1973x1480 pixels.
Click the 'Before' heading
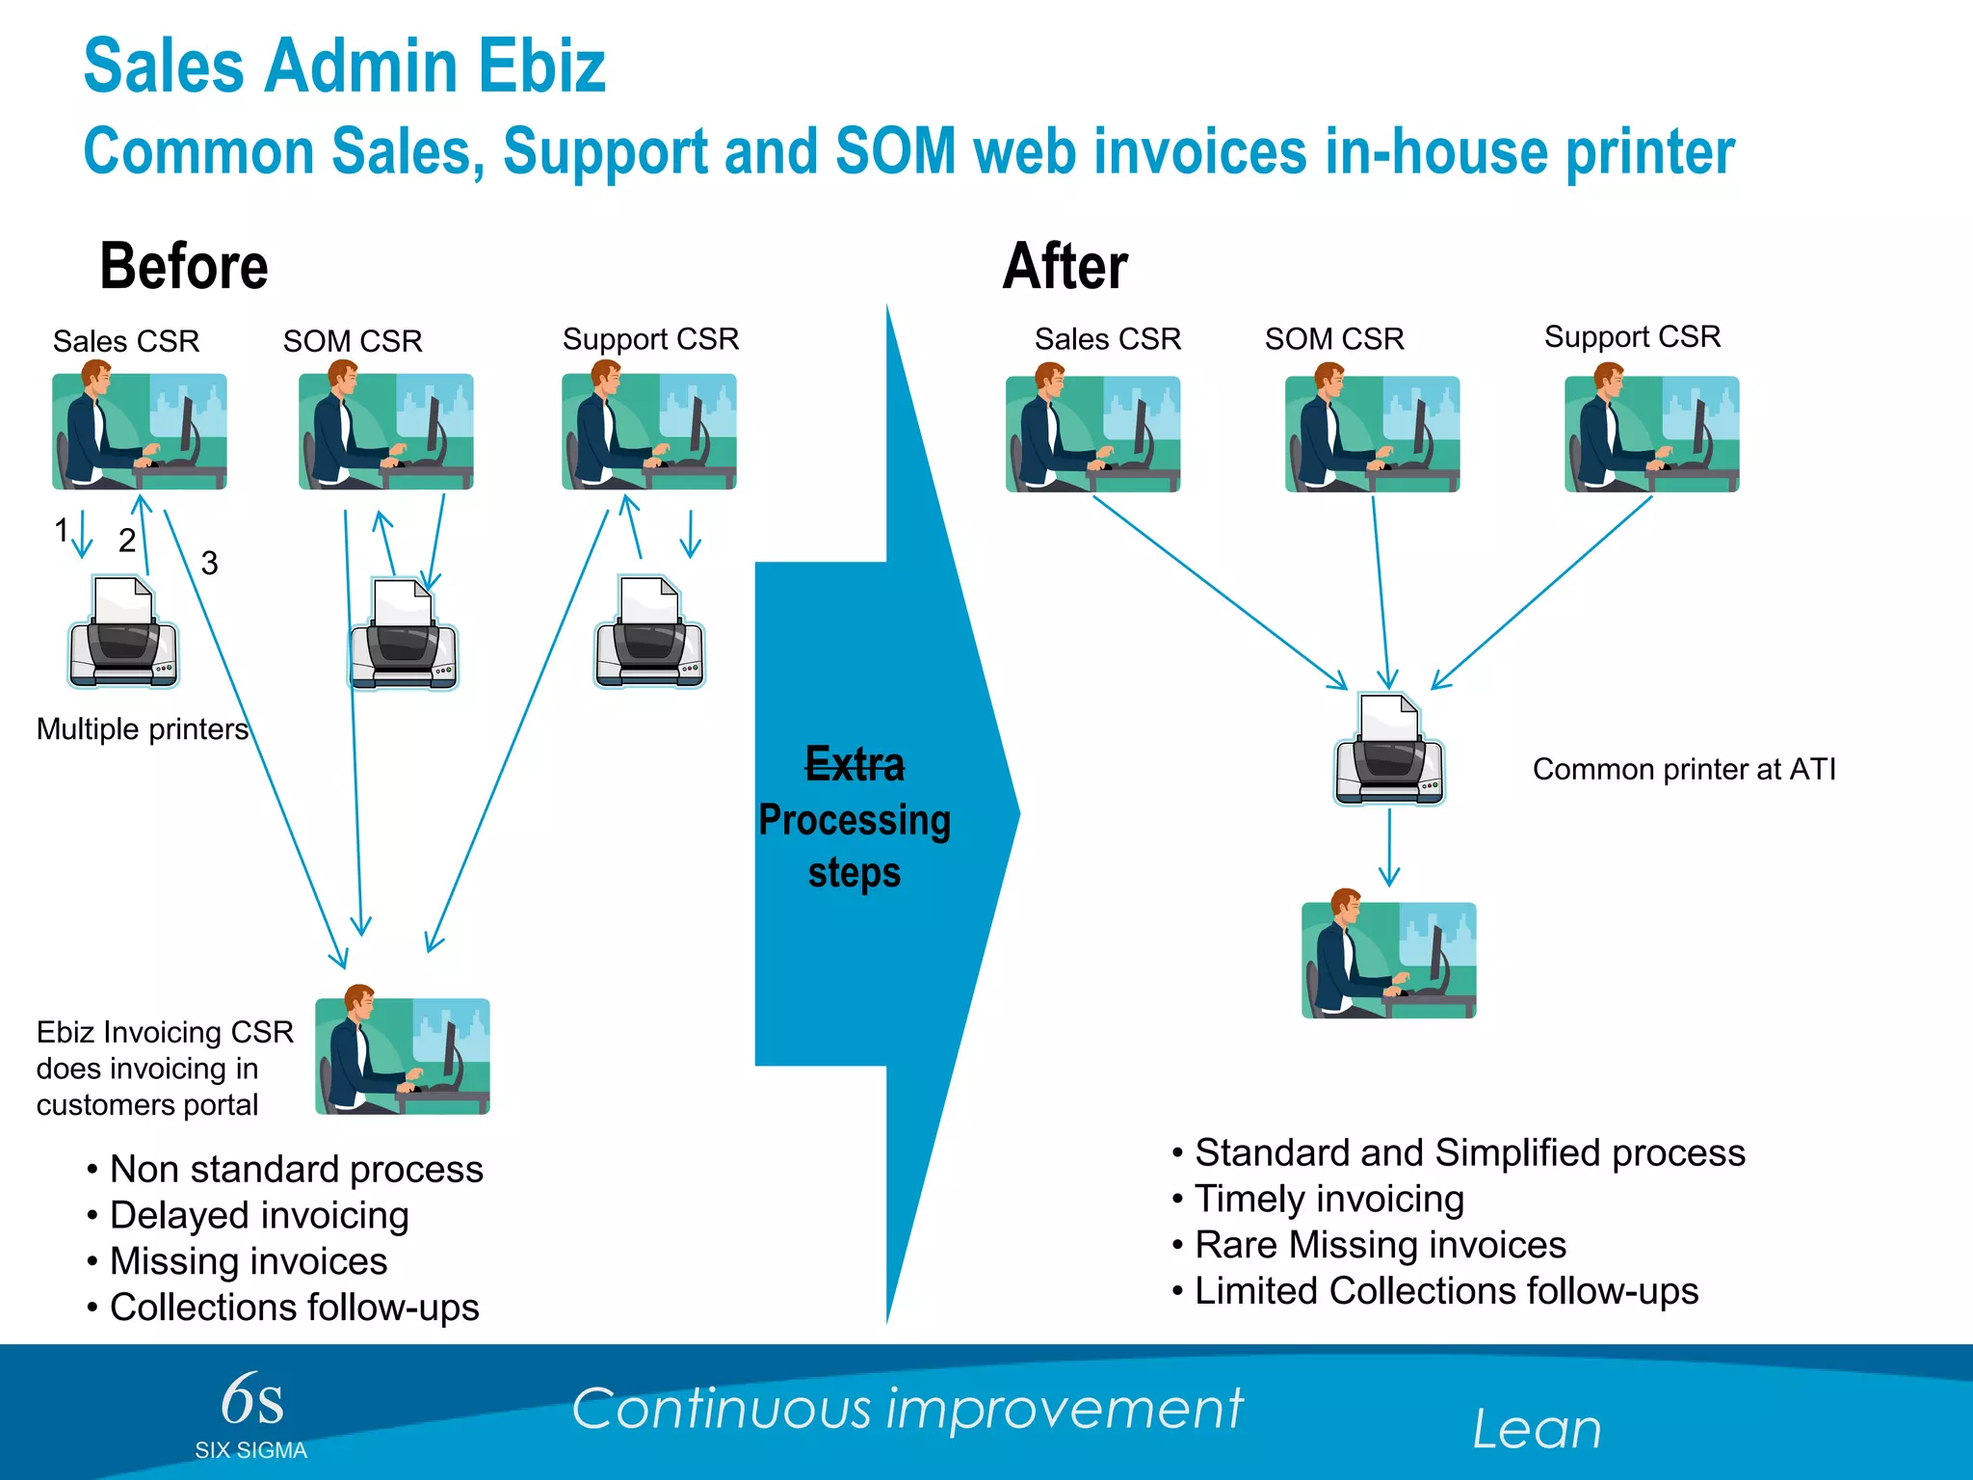pyautogui.click(x=184, y=267)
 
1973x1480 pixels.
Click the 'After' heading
pyautogui.click(x=1065, y=267)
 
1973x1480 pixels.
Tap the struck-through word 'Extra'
pyautogui.click(x=855, y=765)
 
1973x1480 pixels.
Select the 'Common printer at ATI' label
pyautogui.click(x=1684, y=770)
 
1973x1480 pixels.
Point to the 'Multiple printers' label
pyautogui.click(x=143, y=729)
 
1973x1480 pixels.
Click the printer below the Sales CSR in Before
pyautogui.click(x=123, y=633)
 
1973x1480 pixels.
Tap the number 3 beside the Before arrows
pyautogui.click(x=209, y=563)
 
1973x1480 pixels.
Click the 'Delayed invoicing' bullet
pyautogui.click(x=259, y=1215)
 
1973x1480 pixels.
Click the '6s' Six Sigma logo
pyautogui.click(x=251, y=1402)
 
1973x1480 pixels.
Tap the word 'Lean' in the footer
pyautogui.click(x=1537, y=1429)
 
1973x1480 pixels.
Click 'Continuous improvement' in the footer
pyautogui.click(x=907, y=1409)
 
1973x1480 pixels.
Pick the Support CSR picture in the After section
pyautogui.click(x=1651, y=434)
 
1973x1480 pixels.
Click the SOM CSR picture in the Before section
pyautogui.click(x=385, y=432)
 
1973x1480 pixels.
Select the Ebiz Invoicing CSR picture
pyautogui.click(x=403, y=1056)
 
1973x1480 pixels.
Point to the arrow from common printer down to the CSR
pyautogui.click(x=1389, y=847)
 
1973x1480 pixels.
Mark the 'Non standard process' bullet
pyautogui.click(x=296, y=1170)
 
